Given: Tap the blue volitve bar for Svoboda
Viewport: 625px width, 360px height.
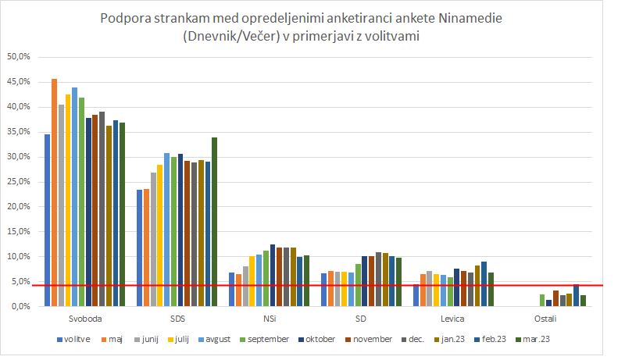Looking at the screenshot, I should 47,219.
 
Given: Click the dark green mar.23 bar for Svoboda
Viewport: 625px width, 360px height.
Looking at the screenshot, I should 122,214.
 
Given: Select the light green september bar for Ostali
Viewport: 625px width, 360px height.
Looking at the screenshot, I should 541,300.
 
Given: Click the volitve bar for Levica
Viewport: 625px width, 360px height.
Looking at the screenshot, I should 416,295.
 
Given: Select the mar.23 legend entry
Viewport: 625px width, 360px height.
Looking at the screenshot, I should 548,340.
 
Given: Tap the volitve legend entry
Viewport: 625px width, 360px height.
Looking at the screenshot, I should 75,340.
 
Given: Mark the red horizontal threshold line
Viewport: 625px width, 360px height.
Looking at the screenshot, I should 312,285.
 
